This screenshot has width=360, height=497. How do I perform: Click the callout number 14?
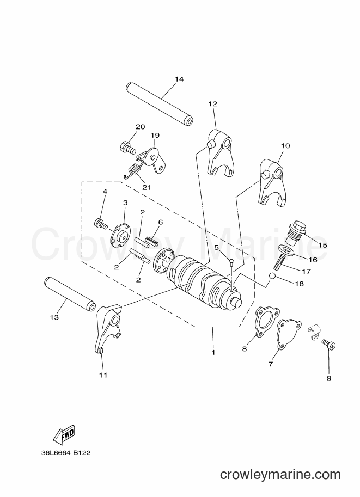point(179,79)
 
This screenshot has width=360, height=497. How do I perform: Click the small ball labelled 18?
point(272,276)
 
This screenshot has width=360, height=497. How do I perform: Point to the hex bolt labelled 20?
point(127,148)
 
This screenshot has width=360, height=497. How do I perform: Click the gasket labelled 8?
point(267,322)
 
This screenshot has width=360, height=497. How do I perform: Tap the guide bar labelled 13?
point(70,294)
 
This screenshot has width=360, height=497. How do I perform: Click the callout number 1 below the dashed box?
point(213,352)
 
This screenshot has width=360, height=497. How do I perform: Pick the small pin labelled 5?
point(231,261)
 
